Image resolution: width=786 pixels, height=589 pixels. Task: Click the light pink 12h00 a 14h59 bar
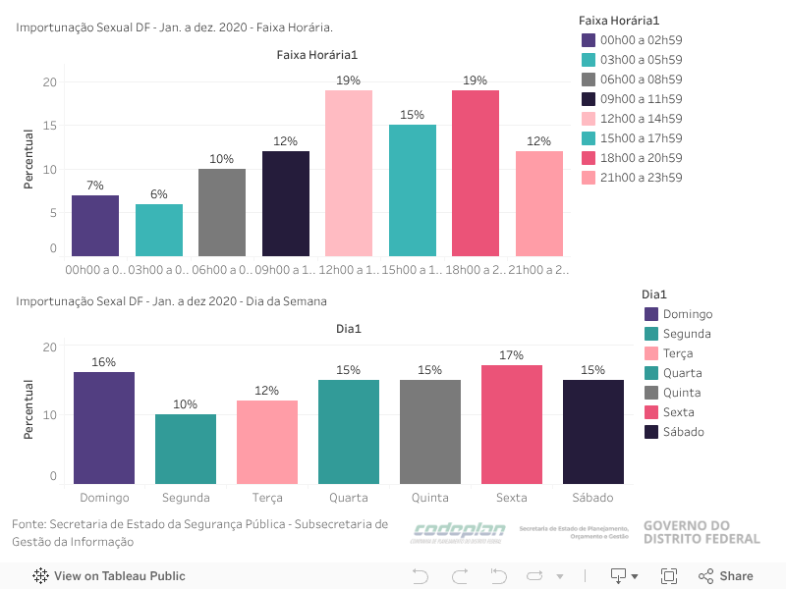349,174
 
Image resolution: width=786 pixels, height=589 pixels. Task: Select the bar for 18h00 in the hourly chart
476,174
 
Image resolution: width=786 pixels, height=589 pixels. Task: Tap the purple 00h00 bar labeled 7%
95,226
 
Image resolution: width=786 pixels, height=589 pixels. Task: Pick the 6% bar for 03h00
159,231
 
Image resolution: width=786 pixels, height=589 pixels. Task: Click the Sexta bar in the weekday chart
512,424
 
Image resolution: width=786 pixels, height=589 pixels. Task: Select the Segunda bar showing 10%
186,449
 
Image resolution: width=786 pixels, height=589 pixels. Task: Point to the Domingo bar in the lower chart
104,427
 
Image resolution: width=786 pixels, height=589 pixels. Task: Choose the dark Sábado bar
593,432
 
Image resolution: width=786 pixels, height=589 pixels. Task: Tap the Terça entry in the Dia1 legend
677,353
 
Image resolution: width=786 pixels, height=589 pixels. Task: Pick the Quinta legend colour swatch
651,393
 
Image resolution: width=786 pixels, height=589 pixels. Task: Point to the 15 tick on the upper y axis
50,126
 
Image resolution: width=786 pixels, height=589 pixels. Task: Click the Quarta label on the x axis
349,498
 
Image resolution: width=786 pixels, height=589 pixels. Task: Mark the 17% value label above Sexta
512,355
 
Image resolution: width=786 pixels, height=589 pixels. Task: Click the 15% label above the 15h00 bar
413,116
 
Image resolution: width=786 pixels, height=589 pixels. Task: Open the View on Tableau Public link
109,576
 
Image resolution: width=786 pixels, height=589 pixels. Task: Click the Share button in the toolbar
726,576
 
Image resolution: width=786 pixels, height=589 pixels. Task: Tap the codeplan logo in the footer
460,532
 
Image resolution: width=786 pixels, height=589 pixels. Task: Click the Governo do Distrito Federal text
702,532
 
